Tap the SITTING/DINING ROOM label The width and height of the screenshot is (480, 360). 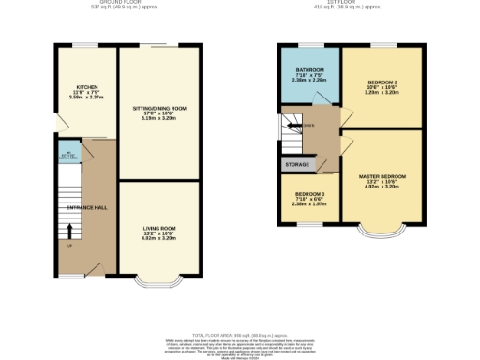point(159,109)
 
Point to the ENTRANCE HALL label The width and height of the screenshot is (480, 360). point(81,205)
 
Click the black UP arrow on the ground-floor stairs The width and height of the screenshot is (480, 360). point(68,231)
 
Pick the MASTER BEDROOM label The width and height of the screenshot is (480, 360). point(382,176)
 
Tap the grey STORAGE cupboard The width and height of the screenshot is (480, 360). point(296,164)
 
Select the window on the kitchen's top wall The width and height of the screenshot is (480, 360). point(85,45)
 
